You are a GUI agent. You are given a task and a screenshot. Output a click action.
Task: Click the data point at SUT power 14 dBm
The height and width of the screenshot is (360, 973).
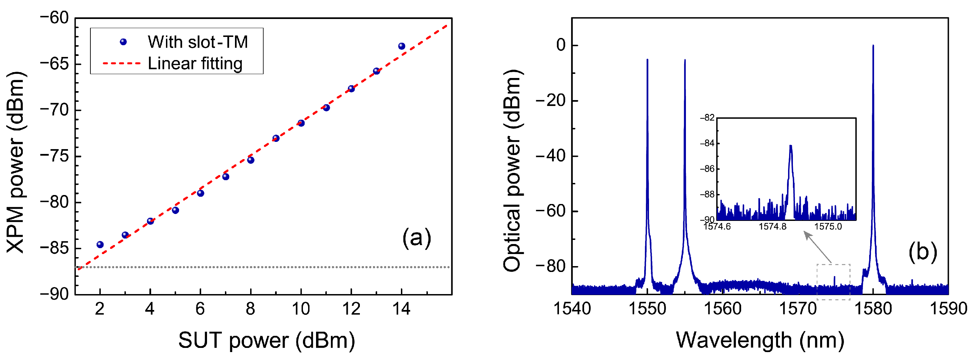pos(402,46)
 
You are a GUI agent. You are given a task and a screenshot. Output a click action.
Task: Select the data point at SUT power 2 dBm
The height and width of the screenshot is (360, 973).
pos(100,244)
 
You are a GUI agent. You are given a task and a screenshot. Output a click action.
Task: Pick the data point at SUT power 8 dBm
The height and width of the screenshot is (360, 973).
pos(251,160)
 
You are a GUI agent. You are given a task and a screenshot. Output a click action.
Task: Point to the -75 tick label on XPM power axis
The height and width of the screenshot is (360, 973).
pos(55,156)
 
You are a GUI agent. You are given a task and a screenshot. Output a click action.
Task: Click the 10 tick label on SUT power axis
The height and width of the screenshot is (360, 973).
pos(301,309)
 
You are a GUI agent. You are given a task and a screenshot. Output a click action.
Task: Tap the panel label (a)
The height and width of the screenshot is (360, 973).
pos(416,238)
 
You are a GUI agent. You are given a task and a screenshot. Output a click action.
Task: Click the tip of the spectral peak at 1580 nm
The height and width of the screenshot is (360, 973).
pos(873,46)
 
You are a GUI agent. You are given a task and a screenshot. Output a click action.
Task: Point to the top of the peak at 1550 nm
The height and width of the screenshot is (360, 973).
pos(647,60)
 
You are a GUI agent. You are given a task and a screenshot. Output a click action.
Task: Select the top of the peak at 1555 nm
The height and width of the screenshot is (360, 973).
pos(685,60)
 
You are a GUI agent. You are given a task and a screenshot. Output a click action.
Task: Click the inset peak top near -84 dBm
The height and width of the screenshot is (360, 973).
pos(790,146)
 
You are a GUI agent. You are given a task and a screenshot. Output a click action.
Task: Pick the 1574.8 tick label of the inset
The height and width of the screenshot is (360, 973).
pos(773,227)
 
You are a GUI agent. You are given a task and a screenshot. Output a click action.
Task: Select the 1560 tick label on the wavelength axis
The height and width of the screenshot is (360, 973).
pos(723,309)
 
